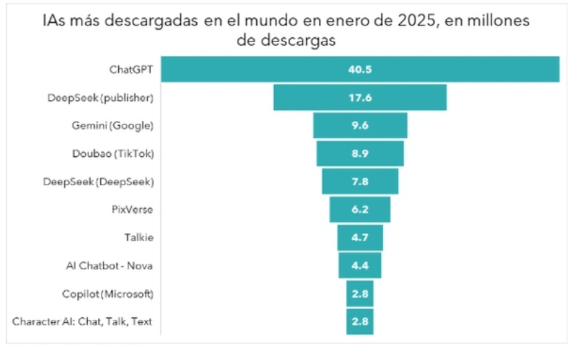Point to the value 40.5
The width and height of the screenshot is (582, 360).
point(360,70)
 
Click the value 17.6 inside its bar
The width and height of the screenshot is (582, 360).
point(360,97)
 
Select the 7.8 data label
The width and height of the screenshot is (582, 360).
point(360,182)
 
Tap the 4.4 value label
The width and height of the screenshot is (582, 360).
point(360,265)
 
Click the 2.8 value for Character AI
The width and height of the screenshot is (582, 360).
point(360,321)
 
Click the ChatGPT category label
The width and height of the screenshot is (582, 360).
point(132,70)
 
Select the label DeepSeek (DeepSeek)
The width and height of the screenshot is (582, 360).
point(108,182)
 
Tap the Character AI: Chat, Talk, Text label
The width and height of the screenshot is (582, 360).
point(83,321)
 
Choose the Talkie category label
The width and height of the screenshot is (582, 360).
point(138,238)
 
